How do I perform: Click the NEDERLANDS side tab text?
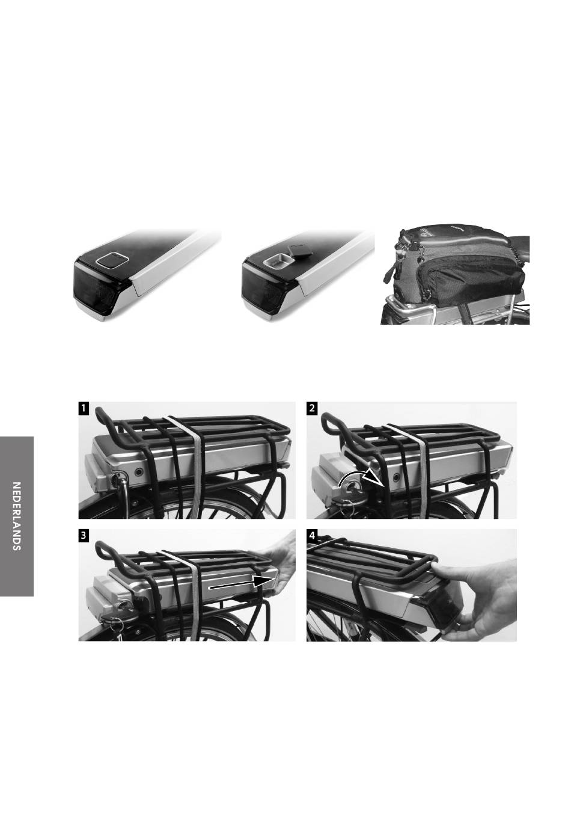[x=16, y=516]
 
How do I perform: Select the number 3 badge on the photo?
[x=84, y=536]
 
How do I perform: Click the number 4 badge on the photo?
[x=312, y=536]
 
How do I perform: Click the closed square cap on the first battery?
[x=112, y=259]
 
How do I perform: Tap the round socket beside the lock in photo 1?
[x=139, y=472]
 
